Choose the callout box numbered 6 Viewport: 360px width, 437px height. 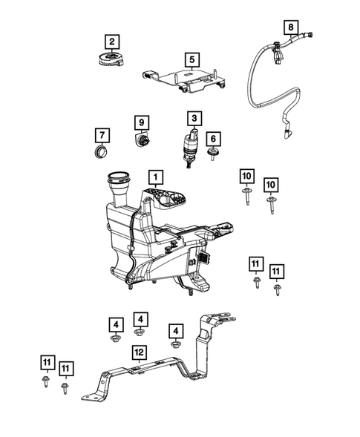click(213, 138)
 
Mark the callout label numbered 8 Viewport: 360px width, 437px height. click(291, 28)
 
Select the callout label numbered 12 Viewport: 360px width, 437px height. click(138, 351)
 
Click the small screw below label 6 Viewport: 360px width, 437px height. click(214, 154)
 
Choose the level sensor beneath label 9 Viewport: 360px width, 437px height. click(141, 139)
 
